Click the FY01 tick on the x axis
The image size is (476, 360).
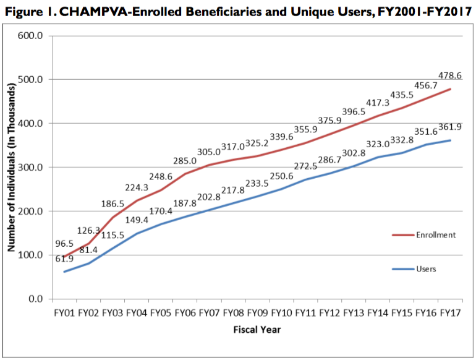66,313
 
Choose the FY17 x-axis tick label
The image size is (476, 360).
450,313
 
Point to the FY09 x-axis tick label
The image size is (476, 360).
258,313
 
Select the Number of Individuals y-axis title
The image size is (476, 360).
11,167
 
